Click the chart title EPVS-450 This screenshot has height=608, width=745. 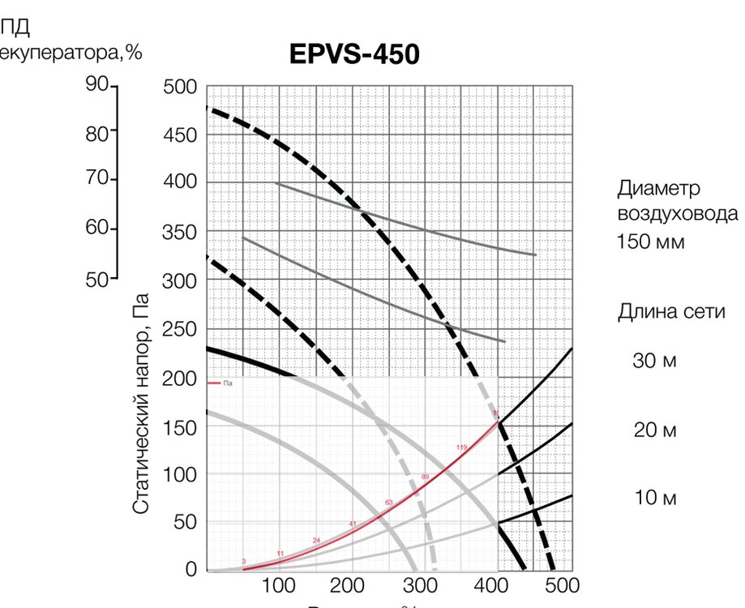[x=354, y=55]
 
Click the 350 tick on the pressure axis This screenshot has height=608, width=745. [x=179, y=233]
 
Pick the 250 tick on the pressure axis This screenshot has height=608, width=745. [x=179, y=329]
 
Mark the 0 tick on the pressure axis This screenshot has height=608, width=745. [x=191, y=570]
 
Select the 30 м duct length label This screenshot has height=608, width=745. [x=654, y=361]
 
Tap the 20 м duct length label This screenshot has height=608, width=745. [x=654, y=430]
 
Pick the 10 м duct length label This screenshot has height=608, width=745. [x=654, y=498]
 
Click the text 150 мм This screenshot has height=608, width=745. [x=651, y=242]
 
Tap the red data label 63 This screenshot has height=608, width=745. [x=388, y=503]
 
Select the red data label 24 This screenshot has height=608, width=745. [x=316, y=540]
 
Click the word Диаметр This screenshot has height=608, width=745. [x=657, y=189]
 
